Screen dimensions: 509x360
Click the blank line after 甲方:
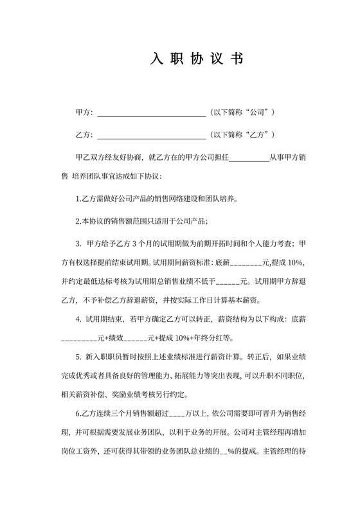tap(150, 114)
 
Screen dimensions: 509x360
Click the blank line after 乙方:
tap(150, 136)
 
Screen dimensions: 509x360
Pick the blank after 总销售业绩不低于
tap(228, 283)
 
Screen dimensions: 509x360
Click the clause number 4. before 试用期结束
tap(78, 318)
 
